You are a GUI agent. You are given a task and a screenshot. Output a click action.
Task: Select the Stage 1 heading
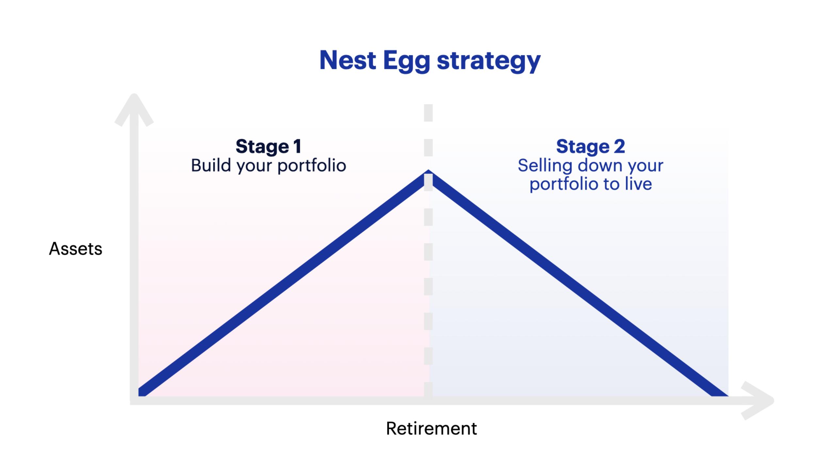click(268, 146)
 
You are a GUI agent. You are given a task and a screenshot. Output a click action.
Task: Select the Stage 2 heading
click(590, 146)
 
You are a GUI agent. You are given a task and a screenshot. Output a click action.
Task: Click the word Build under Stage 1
click(211, 165)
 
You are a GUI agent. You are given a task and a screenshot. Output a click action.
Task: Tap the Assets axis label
click(75, 249)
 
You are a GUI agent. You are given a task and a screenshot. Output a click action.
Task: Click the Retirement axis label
click(431, 428)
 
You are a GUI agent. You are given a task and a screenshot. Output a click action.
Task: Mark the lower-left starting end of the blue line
click(142, 392)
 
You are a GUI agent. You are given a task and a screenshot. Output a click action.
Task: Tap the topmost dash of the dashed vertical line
click(428, 113)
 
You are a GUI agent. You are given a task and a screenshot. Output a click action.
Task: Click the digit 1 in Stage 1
click(297, 146)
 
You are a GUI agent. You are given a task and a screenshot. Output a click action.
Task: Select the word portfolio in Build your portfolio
click(312, 166)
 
